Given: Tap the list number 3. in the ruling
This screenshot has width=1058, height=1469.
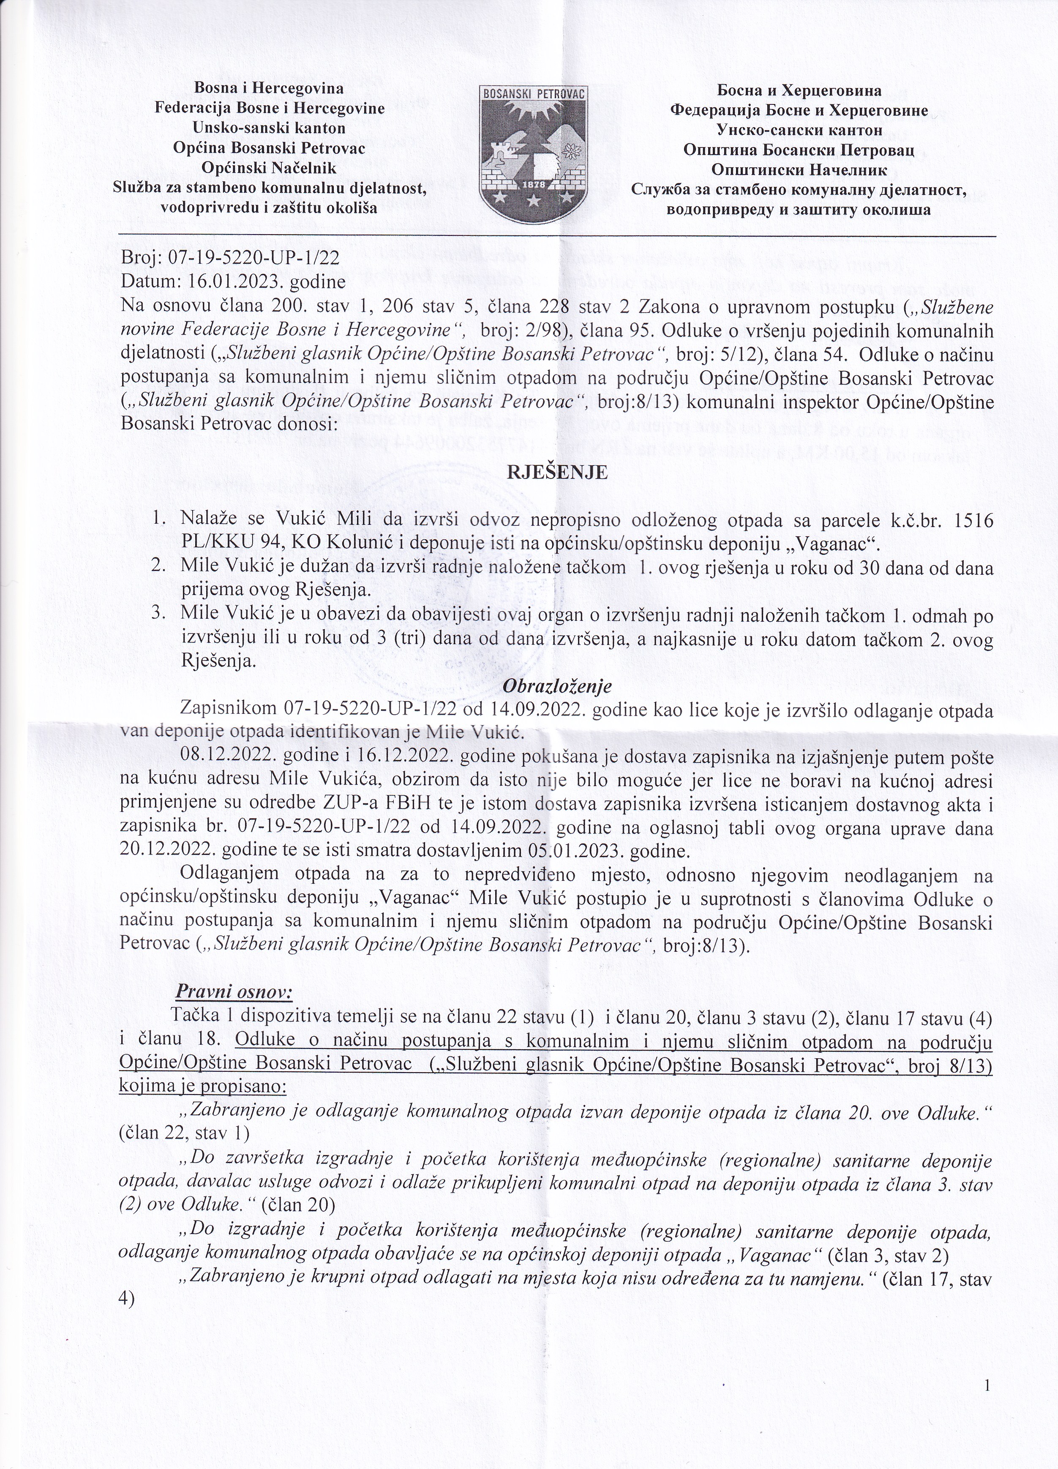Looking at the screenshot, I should coord(159,613).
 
